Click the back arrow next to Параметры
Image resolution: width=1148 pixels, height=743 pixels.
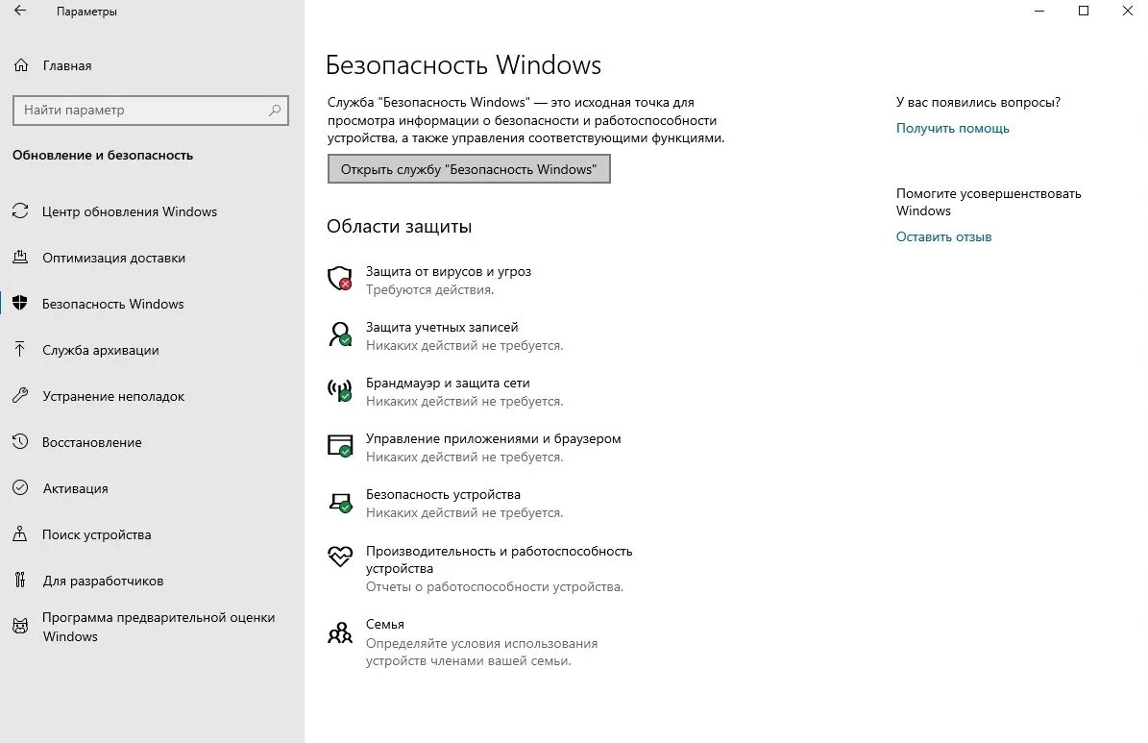point(20,12)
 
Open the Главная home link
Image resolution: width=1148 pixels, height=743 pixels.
point(66,65)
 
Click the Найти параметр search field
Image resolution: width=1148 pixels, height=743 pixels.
point(139,111)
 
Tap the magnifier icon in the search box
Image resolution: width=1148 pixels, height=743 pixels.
point(275,111)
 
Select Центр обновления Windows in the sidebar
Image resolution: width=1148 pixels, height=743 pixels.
point(129,211)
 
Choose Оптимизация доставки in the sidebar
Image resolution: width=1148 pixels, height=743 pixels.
point(113,258)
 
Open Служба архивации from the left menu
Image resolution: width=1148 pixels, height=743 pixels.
point(100,350)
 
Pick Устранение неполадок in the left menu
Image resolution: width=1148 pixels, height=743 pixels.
point(112,396)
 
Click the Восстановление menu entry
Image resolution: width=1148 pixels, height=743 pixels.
point(91,442)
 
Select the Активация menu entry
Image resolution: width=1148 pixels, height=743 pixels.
point(75,488)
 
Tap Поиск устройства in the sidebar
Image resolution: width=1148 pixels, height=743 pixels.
point(96,534)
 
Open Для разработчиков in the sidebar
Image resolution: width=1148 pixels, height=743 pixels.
point(102,581)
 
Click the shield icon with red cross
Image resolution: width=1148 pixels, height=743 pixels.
point(340,279)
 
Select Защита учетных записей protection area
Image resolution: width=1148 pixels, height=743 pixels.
point(441,327)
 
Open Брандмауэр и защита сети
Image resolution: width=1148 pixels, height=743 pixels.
point(447,383)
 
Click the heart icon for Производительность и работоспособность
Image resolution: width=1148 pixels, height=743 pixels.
point(340,557)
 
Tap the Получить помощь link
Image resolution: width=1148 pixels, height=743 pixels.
point(952,128)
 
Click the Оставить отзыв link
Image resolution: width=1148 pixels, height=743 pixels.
point(943,236)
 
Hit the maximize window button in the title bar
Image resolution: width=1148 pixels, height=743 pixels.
point(1084,12)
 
